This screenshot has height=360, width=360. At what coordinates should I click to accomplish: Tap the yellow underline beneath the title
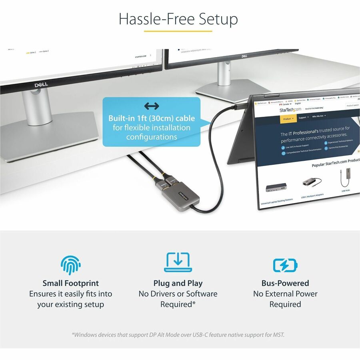tap(178, 31)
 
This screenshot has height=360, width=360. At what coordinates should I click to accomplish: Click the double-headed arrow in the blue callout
tap(152, 106)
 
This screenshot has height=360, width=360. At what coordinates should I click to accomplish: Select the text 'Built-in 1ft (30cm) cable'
tap(152, 118)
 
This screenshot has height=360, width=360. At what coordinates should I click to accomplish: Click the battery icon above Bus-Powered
tap(285, 265)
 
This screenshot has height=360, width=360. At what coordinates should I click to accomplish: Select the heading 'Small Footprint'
tap(71, 283)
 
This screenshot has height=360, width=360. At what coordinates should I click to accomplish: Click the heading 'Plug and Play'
tap(178, 283)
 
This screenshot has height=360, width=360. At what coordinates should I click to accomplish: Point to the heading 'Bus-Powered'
tap(285, 283)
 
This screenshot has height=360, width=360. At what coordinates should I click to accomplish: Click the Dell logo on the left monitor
tap(41, 85)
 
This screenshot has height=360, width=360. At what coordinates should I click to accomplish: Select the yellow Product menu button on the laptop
tap(288, 118)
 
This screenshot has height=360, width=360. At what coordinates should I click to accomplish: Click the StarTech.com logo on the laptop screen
tap(291, 109)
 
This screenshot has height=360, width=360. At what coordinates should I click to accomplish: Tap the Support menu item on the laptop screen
tap(303, 117)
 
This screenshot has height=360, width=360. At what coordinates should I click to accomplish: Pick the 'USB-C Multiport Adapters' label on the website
tap(312, 196)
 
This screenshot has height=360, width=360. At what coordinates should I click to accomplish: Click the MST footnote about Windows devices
tap(178, 334)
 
